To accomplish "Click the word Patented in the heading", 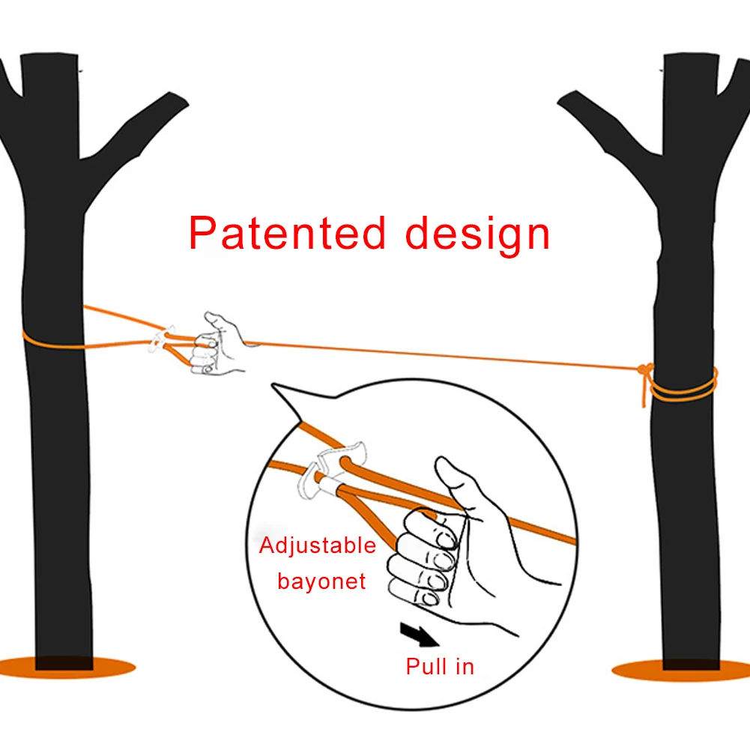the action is [x=287, y=233].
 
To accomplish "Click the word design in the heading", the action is [x=477, y=236].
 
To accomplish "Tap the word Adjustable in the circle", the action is [x=318, y=546].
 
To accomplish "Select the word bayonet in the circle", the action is [x=321, y=581].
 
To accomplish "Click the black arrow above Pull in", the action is [x=419, y=635].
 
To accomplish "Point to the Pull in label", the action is [x=440, y=666].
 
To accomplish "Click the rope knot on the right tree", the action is [x=645, y=369].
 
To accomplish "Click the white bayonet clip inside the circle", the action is [x=330, y=469].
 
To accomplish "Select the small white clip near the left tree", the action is [x=160, y=338].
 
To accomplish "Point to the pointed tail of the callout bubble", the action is [x=273, y=384].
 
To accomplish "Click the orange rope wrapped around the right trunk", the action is [x=684, y=388].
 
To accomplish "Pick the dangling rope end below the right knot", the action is [x=644, y=391].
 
